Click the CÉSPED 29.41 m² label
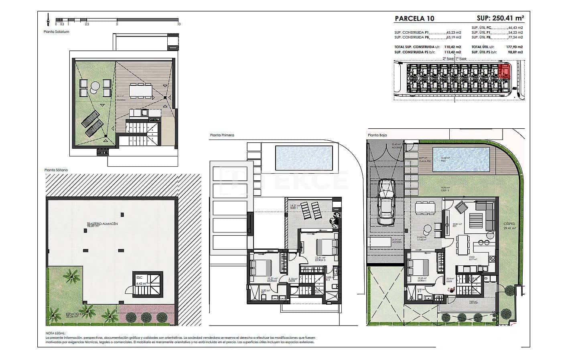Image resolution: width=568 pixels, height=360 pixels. [x=510, y=226]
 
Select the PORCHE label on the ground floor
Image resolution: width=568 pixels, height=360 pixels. [x=421, y=238]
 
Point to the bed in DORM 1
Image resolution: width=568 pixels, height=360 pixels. [x=418, y=267]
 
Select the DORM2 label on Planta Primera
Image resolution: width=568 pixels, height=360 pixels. [x=262, y=279]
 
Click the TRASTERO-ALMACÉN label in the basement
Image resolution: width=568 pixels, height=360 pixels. [x=102, y=224]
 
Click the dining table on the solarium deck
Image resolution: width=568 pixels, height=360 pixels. [x=140, y=90]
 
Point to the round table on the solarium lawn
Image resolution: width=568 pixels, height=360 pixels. [x=95, y=86]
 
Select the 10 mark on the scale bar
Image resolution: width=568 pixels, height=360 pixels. [x=179, y=24]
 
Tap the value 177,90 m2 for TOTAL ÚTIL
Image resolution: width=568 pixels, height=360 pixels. [x=515, y=47]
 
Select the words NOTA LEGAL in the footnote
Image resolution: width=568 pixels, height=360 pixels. [x=55, y=333]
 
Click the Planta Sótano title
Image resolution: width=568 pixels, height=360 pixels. [x=56, y=170]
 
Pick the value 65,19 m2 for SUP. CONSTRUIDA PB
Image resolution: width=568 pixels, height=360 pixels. [x=454, y=37]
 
